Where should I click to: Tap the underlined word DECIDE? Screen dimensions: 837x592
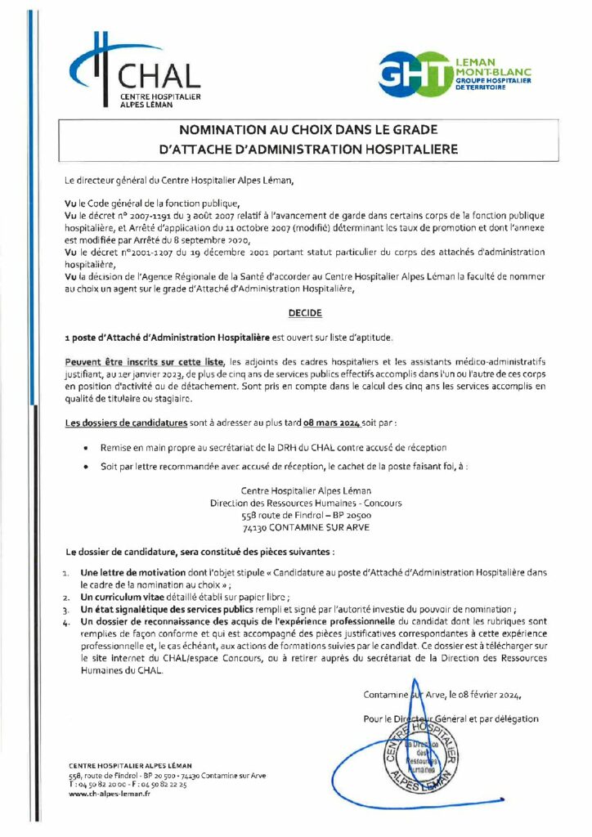[305, 313]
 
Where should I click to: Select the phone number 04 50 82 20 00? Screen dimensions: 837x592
[103, 784]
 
